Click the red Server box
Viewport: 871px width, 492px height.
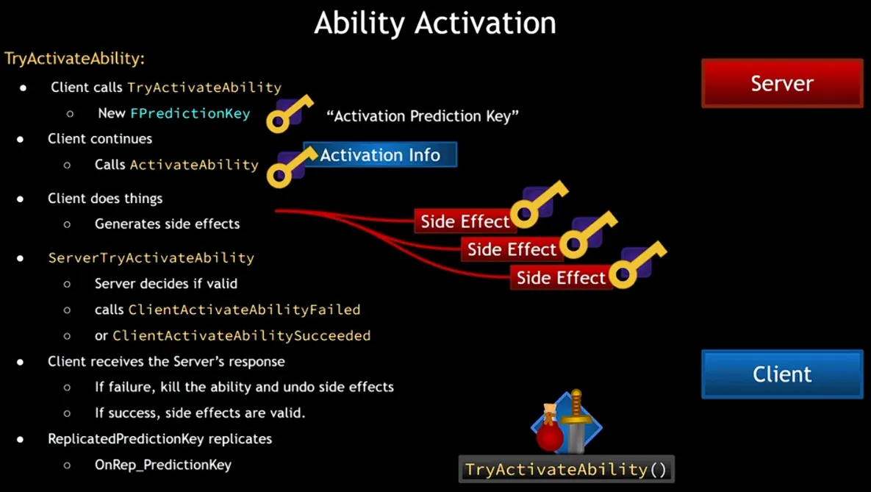coord(782,83)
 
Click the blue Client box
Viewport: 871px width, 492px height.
coord(782,374)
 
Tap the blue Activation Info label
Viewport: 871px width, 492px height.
coord(380,154)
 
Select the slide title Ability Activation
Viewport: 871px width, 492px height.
coord(435,24)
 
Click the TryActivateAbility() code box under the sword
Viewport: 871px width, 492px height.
coord(566,469)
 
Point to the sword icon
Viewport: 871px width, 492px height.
coord(576,421)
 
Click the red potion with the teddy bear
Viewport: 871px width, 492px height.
coord(549,428)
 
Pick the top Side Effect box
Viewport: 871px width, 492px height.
coord(465,221)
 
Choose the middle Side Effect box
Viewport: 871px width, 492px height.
coord(512,249)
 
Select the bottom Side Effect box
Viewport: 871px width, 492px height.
coord(561,277)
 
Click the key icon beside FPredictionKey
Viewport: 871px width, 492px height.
coord(289,114)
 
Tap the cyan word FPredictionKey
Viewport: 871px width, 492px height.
coord(190,113)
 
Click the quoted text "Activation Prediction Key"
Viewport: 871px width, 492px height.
coord(423,116)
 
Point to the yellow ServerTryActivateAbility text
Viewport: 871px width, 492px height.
coord(151,257)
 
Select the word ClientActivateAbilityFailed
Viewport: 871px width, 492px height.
coord(244,309)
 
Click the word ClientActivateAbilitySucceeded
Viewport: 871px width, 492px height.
coord(242,335)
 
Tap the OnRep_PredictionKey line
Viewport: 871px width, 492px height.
coord(162,465)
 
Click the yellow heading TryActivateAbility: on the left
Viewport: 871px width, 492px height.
coord(74,58)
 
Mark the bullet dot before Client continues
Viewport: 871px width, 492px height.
coord(21,139)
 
